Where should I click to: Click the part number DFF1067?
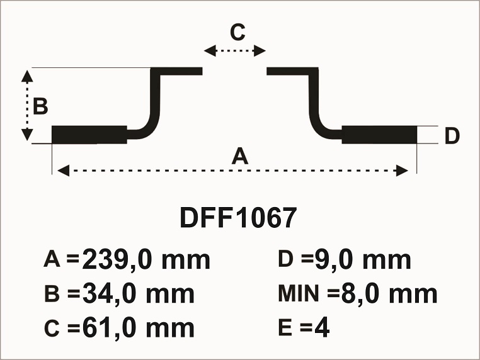pyautogui.click(x=238, y=218)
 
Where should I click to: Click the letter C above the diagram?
pyautogui.click(x=238, y=32)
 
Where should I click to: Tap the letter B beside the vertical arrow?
pyautogui.click(x=40, y=106)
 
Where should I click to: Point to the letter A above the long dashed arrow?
pyautogui.click(x=240, y=155)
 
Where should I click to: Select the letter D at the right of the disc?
pyautogui.click(x=452, y=135)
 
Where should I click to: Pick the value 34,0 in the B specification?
pyautogui.click(x=109, y=294)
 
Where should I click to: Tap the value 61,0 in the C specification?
pyautogui.click(x=109, y=327)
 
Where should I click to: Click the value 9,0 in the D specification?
pyautogui.click(x=334, y=260)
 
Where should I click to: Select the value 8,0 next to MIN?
pyautogui.click(x=360, y=294)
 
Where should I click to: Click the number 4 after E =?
pyautogui.click(x=322, y=327)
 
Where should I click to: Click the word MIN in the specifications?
pyautogui.click(x=299, y=293)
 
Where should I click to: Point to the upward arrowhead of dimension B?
pyautogui.click(x=27, y=76)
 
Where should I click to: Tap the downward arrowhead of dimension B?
pyautogui.click(x=27, y=135)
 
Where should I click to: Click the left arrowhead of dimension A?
pyautogui.click(x=64, y=171)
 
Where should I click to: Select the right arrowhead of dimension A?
pyautogui.click(x=402, y=171)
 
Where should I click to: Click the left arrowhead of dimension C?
pyautogui.click(x=210, y=51)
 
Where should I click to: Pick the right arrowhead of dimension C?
pyautogui.click(x=260, y=51)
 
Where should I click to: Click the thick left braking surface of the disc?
pyautogui.click(x=89, y=135)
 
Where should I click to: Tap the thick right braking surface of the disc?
pyautogui.click(x=379, y=135)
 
